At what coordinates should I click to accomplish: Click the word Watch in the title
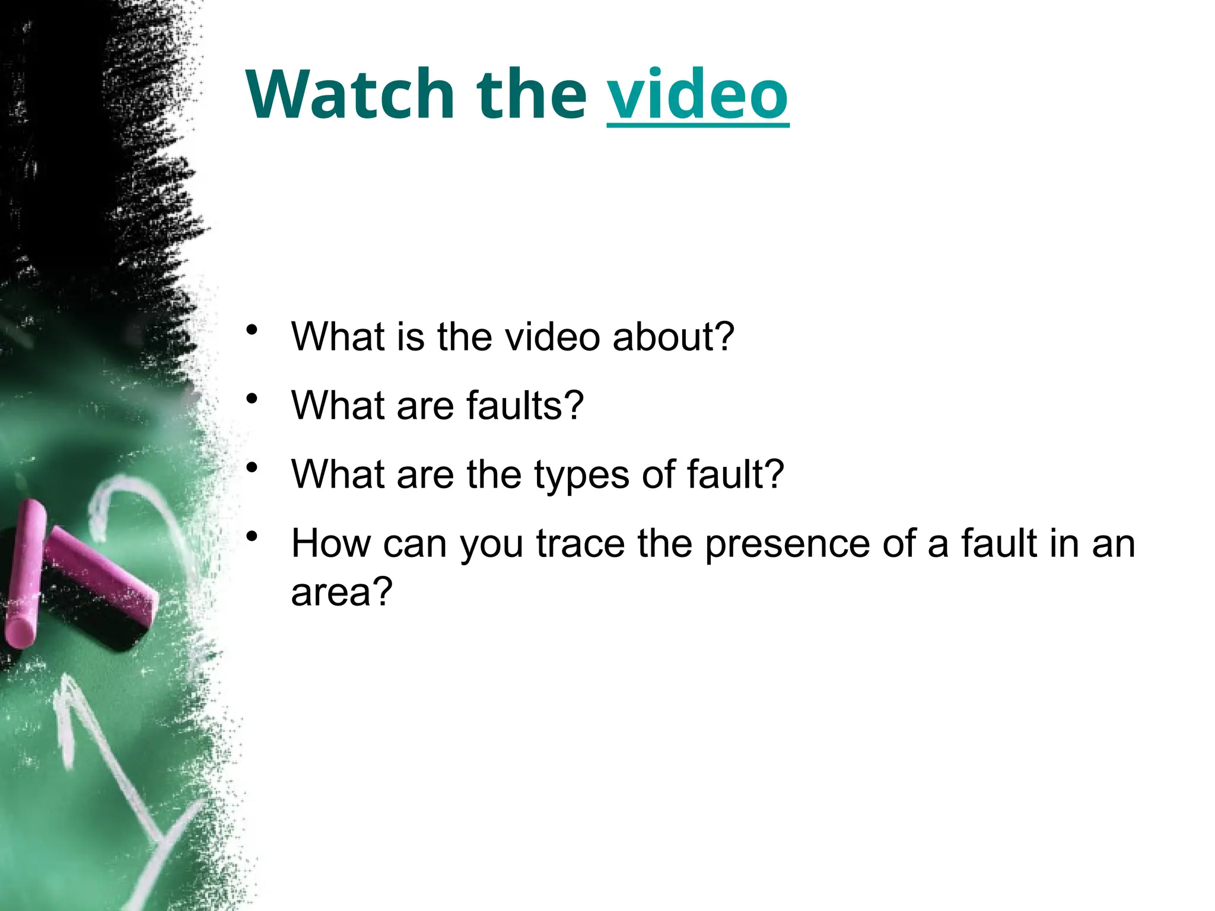[350, 95]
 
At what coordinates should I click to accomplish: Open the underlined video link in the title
[698, 95]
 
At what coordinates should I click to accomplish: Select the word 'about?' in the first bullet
[673, 337]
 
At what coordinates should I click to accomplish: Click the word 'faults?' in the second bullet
[525, 406]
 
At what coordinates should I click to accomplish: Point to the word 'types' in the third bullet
[581, 475]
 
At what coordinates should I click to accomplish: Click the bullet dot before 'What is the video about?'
[253, 330]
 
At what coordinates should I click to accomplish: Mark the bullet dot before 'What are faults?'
[253, 399]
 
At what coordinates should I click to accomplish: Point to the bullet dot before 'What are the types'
[253, 468]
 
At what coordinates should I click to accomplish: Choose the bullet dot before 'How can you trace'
[253, 537]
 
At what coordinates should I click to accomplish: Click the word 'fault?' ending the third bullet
[736, 475]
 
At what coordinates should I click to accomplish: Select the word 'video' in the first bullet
[552, 337]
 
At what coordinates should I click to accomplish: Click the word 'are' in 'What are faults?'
[425, 406]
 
